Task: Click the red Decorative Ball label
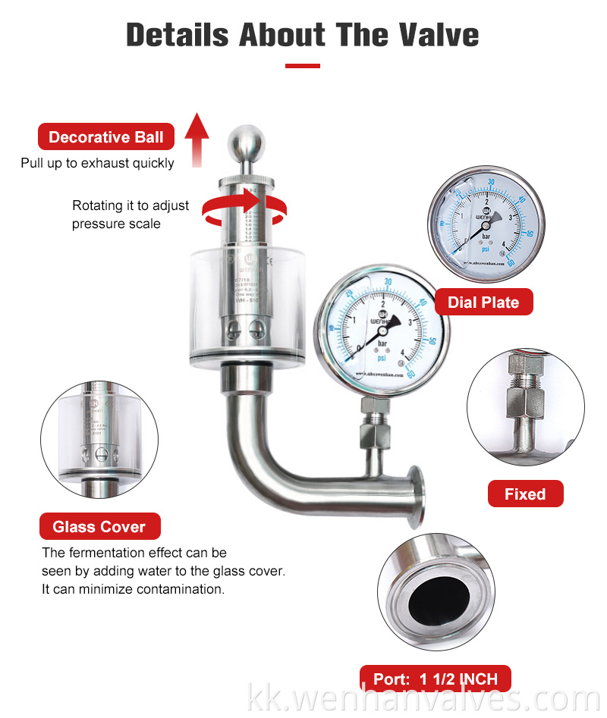coord(105,137)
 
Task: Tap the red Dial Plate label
coord(483,303)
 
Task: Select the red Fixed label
coord(525,494)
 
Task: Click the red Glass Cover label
coord(99,526)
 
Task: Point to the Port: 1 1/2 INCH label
coord(434,679)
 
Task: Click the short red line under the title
coord(303,66)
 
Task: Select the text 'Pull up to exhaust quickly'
coord(97,163)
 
